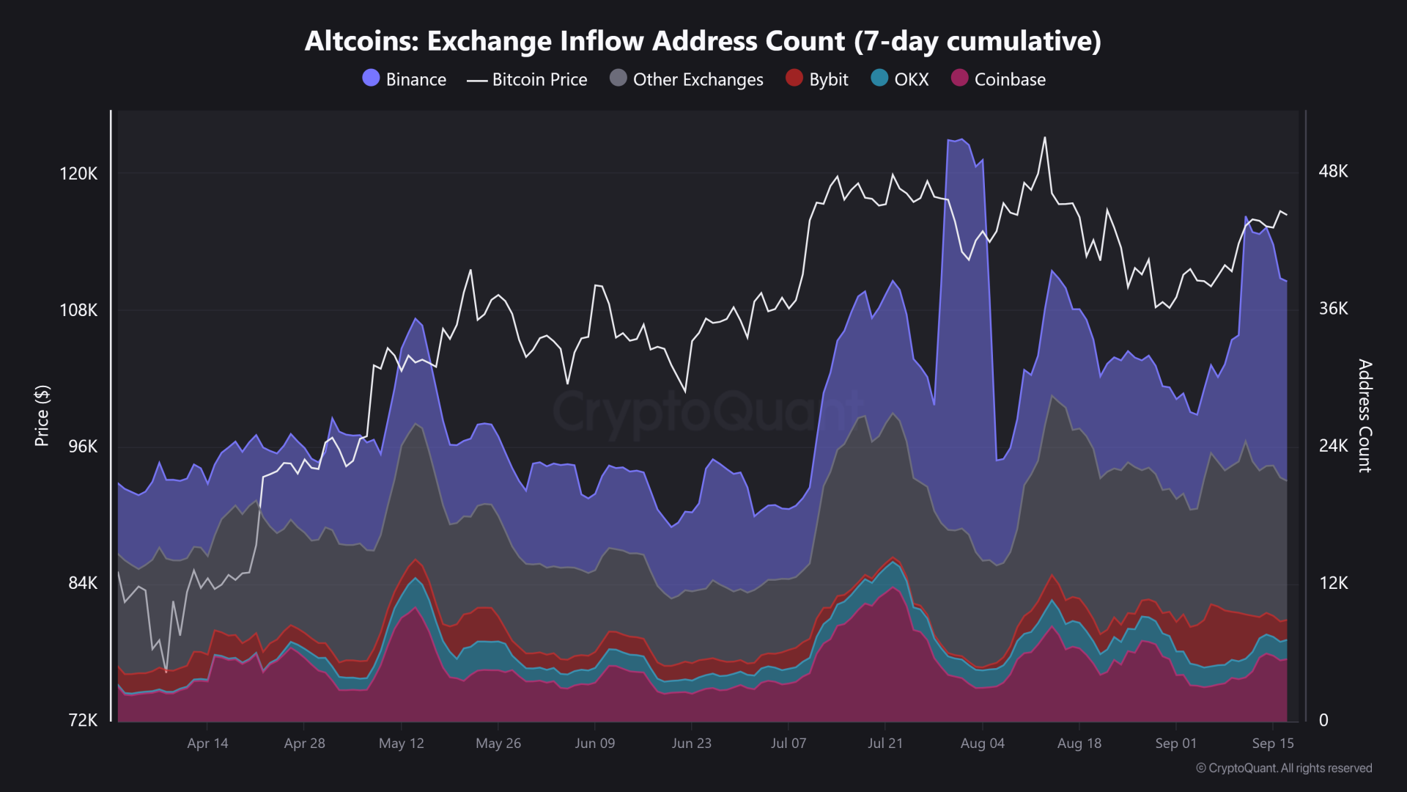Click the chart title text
pyautogui.click(x=703, y=41)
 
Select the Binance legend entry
pyautogui.click(x=405, y=79)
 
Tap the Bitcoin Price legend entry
pyautogui.click(x=527, y=79)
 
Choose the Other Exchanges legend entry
pyautogui.click(x=687, y=79)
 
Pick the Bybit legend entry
pyautogui.click(x=817, y=79)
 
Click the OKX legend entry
pyautogui.click(x=901, y=79)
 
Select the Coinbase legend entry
pyautogui.click(x=999, y=79)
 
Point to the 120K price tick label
pyautogui.click(x=78, y=174)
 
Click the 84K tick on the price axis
pyautogui.click(x=82, y=583)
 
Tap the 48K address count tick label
pyautogui.click(x=1333, y=172)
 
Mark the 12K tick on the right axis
pyautogui.click(x=1333, y=583)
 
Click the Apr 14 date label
pyautogui.click(x=207, y=744)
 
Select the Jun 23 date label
pyautogui.click(x=691, y=744)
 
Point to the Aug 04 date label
pyautogui.click(x=982, y=744)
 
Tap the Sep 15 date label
pyautogui.click(x=1273, y=744)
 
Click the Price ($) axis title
pyautogui.click(x=43, y=415)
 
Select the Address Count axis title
pyautogui.click(x=1364, y=415)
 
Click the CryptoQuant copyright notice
pyautogui.click(x=1284, y=768)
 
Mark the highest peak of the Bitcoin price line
pyautogui.click(x=1045, y=137)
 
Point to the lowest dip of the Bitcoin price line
pyautogui.click(x=166, y=671)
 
